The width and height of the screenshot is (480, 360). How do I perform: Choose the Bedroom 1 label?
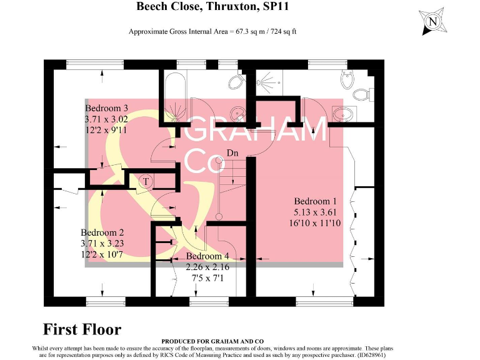(316, 201)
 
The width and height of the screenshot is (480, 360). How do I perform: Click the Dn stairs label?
(232, 153)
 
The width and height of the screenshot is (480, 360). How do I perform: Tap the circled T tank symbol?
(145, 181)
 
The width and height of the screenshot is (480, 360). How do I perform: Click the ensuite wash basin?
(344, 114)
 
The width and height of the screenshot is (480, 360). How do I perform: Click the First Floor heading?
(82, 329)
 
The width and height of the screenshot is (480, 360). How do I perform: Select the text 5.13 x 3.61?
(316, 212)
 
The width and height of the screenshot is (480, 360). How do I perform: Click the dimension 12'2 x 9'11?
(106, 130)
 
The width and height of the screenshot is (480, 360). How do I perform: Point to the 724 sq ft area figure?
(284, 31)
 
